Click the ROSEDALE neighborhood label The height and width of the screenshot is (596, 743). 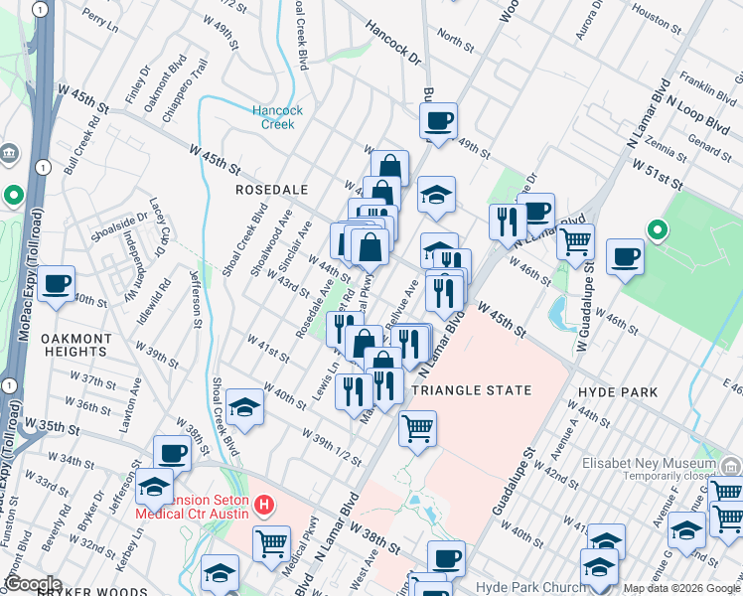pos(271,189)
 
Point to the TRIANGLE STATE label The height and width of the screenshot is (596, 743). pos(471,390)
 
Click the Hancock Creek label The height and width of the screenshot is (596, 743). pos(277,117)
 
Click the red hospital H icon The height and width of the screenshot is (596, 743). pos(263,505)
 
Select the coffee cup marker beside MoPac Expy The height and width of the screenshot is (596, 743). pos(57,283)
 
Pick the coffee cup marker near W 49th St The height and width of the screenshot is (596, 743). pos(437,121)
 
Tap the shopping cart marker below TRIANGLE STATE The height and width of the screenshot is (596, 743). pos(417,428)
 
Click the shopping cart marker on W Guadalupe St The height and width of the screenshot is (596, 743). pos(575,240)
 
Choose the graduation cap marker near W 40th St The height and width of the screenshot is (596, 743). pos(243,406)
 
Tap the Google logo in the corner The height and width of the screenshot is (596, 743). pos(33,584)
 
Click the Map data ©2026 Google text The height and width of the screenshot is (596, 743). pos(679,588)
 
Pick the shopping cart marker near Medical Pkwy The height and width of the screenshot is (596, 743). pos(271,542)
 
